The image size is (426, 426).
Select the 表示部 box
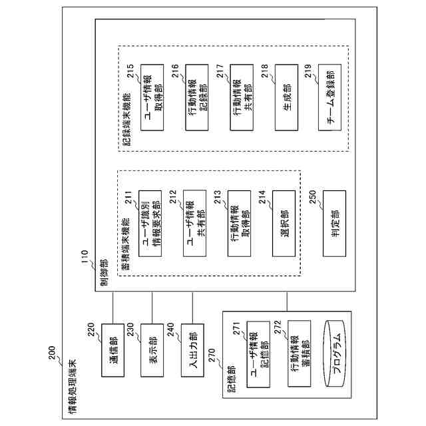click(x=153, y=358)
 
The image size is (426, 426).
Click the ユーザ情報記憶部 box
click(x=258, y=357)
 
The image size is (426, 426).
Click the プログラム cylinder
click(x=337, y=357)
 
